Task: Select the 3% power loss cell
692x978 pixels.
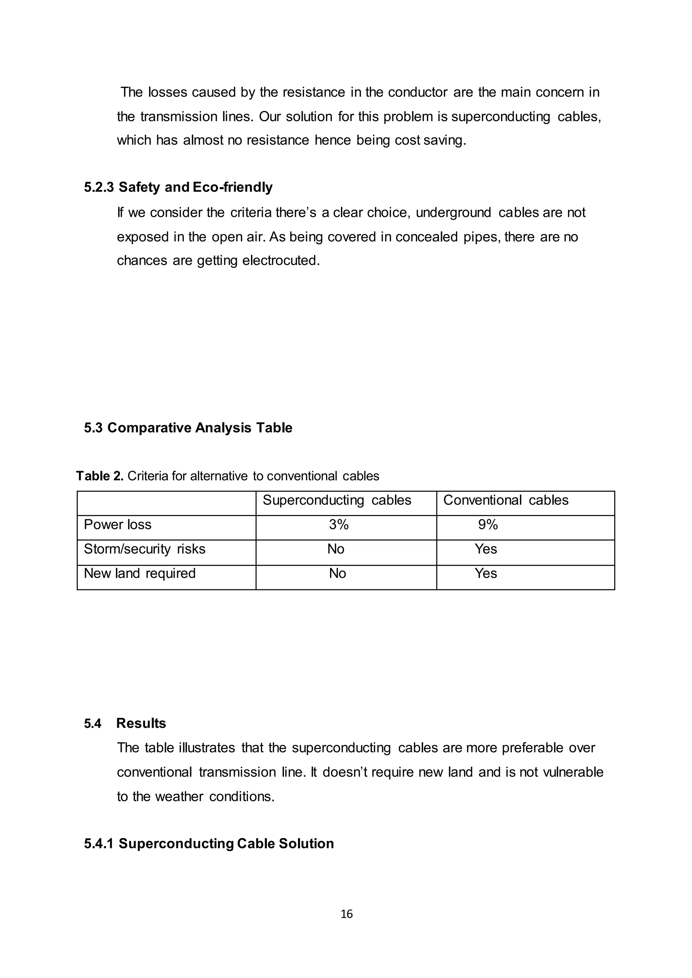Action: (339, 525)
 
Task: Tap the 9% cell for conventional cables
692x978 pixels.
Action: (488, 525)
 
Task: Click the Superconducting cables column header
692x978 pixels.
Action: (337, 500)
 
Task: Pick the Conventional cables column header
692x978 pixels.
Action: (506, 500)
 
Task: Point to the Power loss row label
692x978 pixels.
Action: (118, 525)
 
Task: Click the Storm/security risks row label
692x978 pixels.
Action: (145, 549)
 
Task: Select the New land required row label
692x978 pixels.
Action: (140, 574)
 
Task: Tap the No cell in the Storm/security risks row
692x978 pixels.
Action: (336, 549)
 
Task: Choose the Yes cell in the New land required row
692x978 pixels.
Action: (486, 574)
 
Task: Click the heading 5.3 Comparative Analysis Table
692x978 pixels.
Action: (188, 428)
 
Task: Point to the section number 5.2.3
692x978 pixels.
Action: (99, 187)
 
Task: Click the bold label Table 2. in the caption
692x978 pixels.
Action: (100, 476)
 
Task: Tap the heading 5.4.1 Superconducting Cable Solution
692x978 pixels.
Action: (209, 843)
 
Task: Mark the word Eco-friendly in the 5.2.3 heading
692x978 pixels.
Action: (233, 187)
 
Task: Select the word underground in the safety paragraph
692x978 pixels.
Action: (453, 212)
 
